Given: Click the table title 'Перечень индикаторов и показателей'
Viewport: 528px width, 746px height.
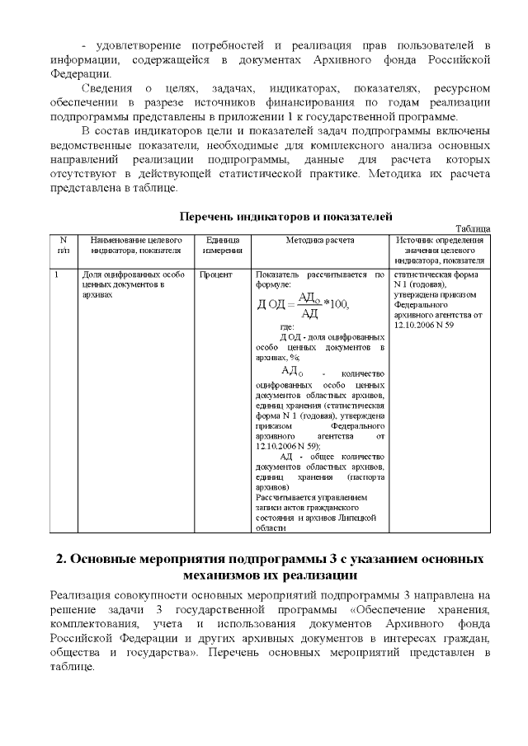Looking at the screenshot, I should (285, 217).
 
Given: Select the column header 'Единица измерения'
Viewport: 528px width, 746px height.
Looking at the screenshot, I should (222, 244).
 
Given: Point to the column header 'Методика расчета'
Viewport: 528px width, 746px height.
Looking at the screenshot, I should (319, 239).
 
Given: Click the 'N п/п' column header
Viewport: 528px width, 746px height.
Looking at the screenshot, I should (63, 244).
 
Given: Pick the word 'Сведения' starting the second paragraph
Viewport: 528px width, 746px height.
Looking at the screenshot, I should (107, 87).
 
